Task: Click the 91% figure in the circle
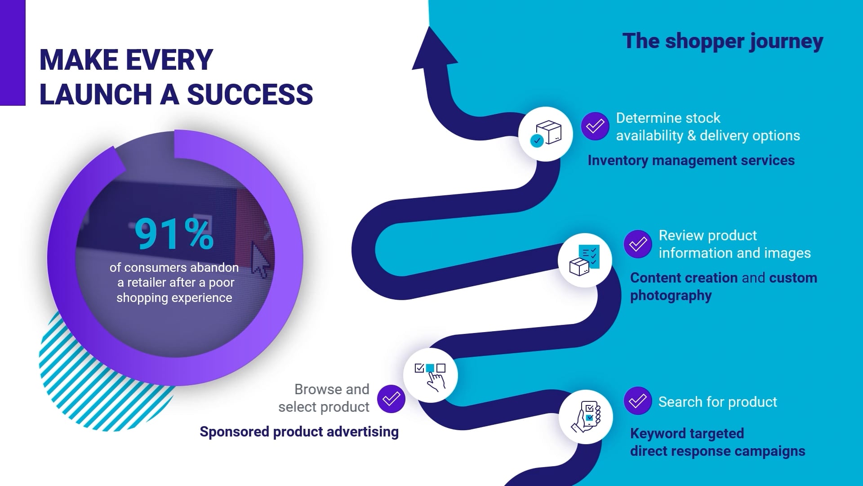(x=174, y=234)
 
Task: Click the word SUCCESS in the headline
(x=249, y=94)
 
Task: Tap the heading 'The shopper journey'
(x=723, y=41)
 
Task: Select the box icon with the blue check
(x=546, y=134)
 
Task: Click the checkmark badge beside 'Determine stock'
(x=595, y=126)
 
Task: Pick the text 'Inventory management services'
(x=691, y=161)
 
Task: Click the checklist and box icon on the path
(x=585, y=260)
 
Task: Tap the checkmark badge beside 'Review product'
(x=638, y=244)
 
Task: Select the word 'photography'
(x=671, y=296)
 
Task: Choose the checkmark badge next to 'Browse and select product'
(x=391, y=399)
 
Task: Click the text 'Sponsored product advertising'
(x=299, y=432)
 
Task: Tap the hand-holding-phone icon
(x=586, y=417)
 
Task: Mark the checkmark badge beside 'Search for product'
(x=638, y=400)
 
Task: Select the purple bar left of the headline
(x=13, y=53)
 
